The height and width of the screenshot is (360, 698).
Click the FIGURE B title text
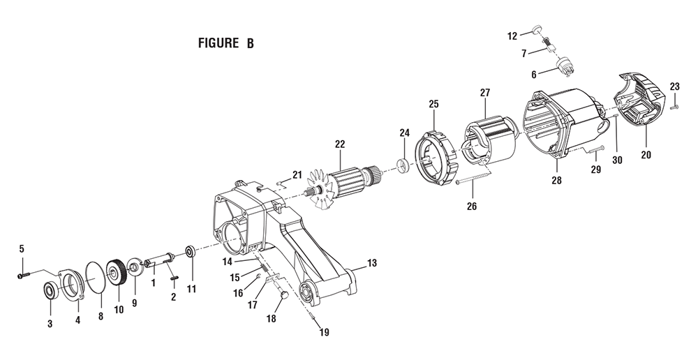pos(225,43)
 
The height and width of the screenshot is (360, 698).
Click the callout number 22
pos(340,144)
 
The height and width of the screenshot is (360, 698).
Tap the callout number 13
pos(372,263)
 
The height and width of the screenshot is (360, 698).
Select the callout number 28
pos(556,180)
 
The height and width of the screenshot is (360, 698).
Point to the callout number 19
pos(325,332)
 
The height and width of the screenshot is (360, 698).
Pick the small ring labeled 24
pos(403,165)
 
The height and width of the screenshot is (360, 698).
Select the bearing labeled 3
pos(50,291)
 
